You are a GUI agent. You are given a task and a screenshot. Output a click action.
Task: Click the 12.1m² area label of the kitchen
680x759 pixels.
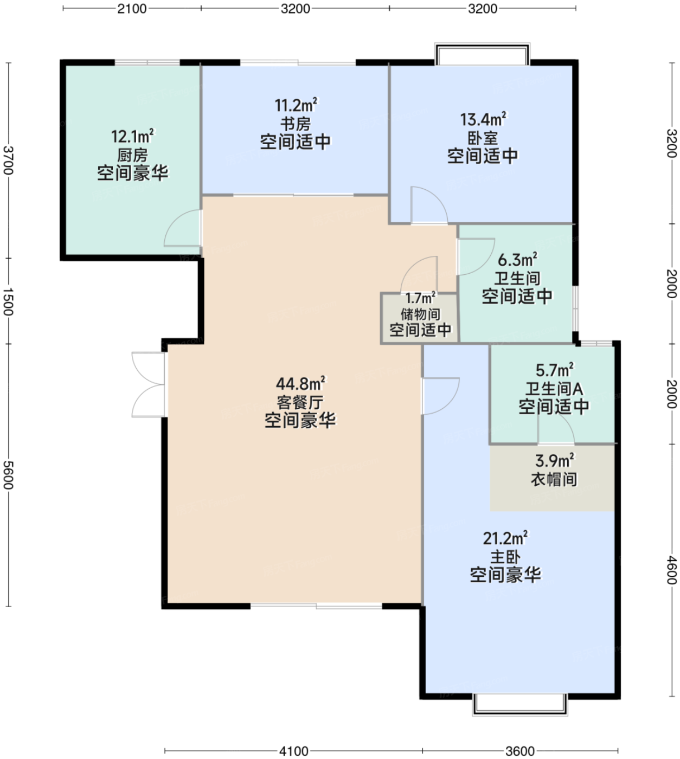[132, 137]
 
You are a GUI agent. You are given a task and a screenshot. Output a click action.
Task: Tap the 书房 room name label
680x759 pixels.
[296, 124]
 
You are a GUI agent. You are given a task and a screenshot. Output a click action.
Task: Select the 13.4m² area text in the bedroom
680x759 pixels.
[483, 119]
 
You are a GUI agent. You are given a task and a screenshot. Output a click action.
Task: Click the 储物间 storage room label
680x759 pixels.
[420, 314]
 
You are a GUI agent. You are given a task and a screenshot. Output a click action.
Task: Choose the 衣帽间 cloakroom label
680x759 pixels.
[554, 480]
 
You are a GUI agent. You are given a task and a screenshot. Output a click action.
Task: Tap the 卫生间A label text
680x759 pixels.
[554, 389]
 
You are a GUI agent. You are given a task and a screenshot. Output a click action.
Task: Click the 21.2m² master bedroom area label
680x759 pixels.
[505, 538]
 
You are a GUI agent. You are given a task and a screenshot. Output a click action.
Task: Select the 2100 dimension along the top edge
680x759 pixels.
[132, 8]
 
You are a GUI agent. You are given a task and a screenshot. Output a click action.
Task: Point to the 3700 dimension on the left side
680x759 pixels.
[8, 160]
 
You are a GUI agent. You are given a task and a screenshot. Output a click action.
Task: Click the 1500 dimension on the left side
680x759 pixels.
[8, 301]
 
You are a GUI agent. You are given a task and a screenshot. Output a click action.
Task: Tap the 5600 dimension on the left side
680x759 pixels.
[8, 475]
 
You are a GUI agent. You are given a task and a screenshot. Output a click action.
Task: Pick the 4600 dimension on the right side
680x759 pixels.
[672, 570]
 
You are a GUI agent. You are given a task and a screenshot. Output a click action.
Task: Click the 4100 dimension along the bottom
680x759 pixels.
[294, 751]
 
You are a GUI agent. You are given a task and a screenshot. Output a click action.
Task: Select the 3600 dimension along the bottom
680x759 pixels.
[519, 751]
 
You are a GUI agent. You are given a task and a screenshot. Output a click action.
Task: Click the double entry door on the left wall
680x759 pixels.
[149, 384]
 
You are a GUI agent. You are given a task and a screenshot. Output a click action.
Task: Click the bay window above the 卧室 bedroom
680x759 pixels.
[482, 53]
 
